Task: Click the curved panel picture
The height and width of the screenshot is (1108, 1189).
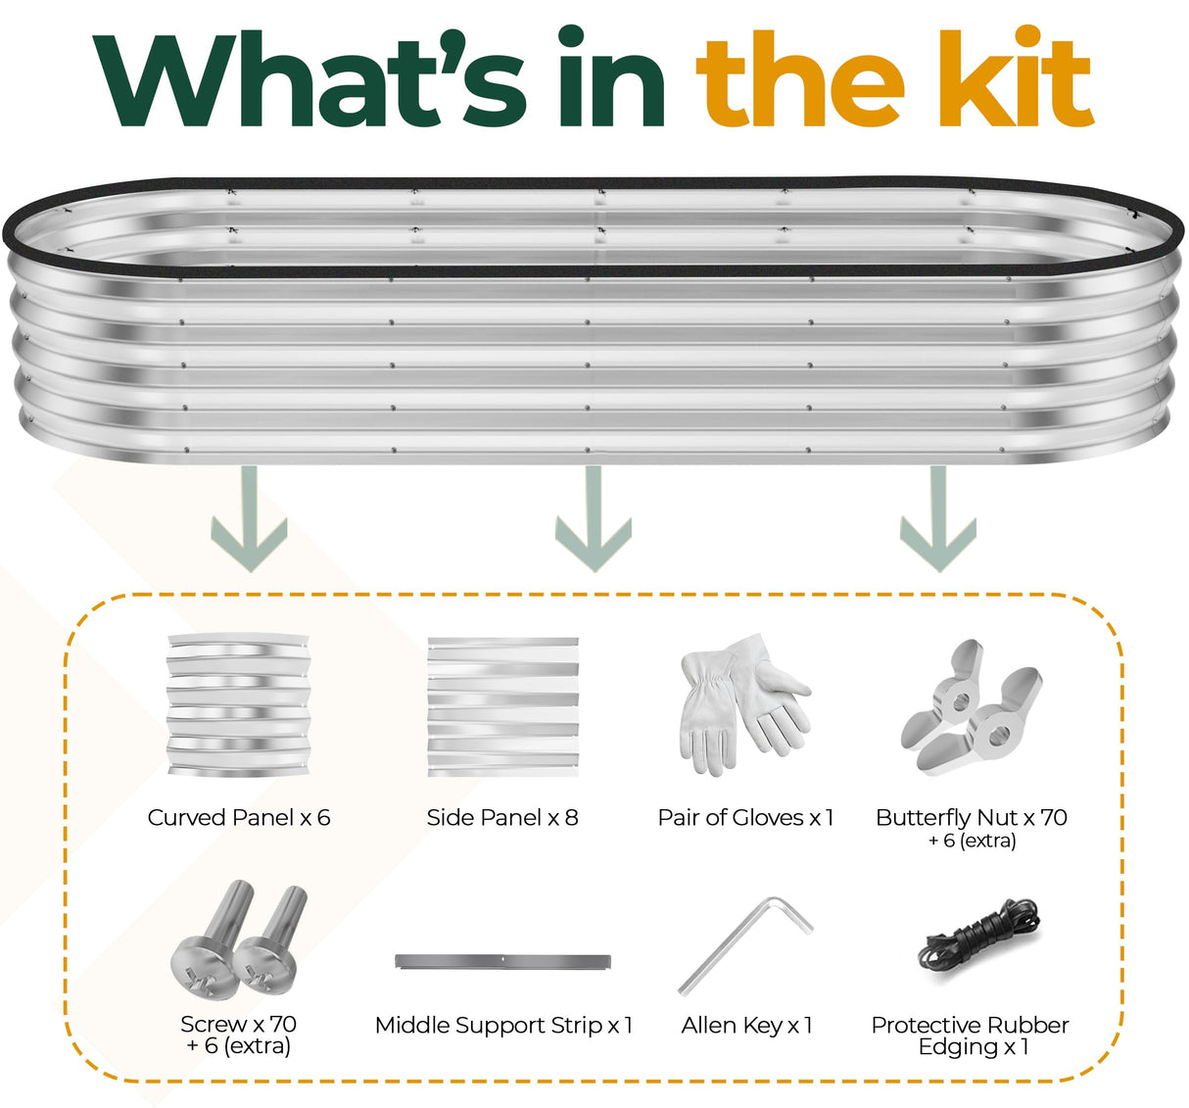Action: point(239,704)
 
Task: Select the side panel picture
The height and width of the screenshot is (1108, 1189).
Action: point(502,706)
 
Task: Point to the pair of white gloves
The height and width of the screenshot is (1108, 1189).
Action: point(744,704)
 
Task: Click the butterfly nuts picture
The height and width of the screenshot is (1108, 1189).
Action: point(971,706)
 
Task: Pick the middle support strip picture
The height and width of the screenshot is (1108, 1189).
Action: point(502,961)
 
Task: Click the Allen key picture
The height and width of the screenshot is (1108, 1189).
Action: point(744,946)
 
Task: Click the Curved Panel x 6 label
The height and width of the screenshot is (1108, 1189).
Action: point(239,817)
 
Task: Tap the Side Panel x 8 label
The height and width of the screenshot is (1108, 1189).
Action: point(502,817)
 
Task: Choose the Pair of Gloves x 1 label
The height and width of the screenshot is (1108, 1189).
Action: point(745,817)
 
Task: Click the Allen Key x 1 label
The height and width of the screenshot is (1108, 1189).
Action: point(746,1026)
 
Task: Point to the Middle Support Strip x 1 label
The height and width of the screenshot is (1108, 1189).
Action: point(503,1026)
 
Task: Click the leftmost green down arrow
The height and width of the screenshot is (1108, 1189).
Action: point(249,518)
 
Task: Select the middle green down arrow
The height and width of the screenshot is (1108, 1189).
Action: point(594,518)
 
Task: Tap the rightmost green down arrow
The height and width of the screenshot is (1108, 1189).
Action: point(938,518)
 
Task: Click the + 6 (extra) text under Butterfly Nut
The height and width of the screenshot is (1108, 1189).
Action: point(972,841)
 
